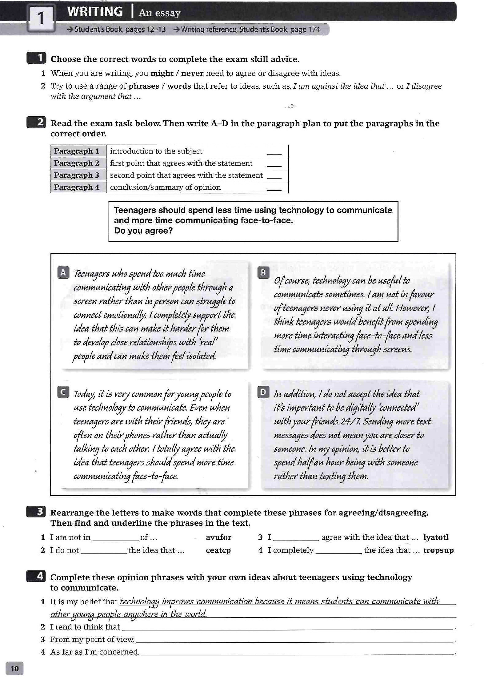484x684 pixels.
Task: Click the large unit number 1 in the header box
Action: [41, 18]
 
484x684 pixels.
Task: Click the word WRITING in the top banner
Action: [95, 12]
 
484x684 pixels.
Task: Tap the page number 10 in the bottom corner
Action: [14, 668]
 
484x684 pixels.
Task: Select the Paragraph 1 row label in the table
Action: [77, 151]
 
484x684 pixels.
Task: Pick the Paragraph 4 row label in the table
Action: [77, 187]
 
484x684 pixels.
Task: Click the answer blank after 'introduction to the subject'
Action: [274, 152]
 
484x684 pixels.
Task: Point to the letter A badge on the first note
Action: [63, 273]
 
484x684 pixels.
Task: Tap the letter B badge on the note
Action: [263, 272]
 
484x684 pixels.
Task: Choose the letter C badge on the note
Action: [63, 392]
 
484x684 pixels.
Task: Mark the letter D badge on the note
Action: [263, 392]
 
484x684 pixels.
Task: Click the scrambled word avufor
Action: [218, 537]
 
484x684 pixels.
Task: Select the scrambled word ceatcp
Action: [218, 550]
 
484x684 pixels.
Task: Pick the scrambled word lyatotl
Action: [436, 537]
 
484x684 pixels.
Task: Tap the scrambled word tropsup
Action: [438, 550]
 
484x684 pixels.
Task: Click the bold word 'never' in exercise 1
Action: [192, 74]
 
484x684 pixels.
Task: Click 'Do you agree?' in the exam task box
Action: [143, 231]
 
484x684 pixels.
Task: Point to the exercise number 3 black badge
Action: [36, 511]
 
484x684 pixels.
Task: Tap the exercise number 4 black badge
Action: [36, 576]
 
